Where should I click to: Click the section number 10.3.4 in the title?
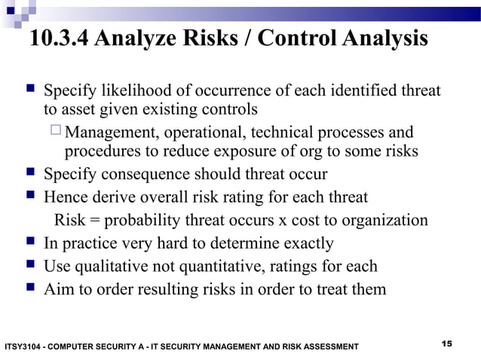pyautogui.click(x=58, y=39)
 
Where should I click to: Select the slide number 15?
pyautogui.click(x=446, y=343)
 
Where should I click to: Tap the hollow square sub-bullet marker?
pyautogui.click(x=56, y=133)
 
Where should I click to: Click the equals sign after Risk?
pyautogui.click(x=94, y=221)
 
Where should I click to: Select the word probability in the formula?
pyautogui.click(x=137, y=221)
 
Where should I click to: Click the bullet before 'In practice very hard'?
pyautogui.click(x=29, y=243)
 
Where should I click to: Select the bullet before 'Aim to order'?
pyautogui.click(x=29, y=288)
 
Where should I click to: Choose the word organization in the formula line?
pyautogui.click(x=383, y=221)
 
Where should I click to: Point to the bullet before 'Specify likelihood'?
pyautogui.click(x=29, y=91)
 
